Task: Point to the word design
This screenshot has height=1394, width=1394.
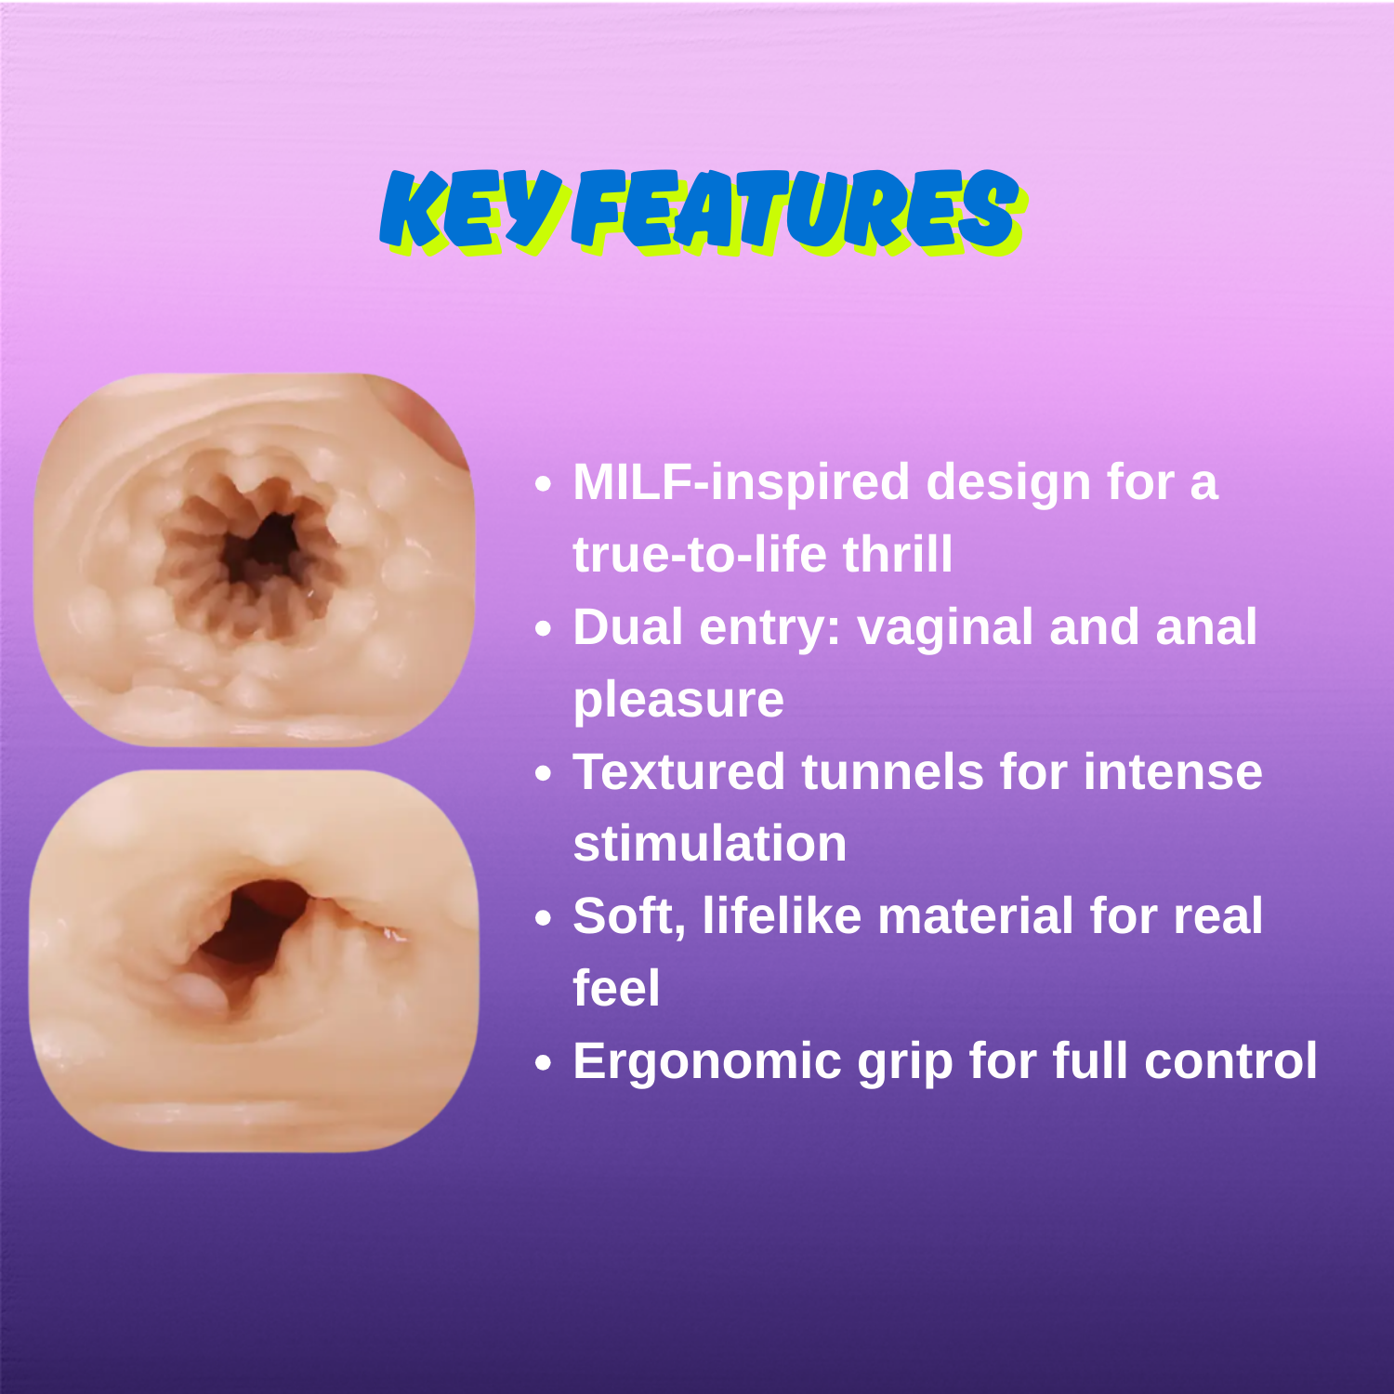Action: coord(1008,483)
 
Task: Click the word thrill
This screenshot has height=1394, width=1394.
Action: coord(898,554)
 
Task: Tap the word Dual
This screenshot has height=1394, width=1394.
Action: coord(628,627)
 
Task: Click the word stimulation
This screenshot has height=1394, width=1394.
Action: coord(710,844)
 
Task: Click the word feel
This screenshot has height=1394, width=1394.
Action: coord(616,988)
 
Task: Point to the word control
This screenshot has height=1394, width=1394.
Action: coord(1230,1061)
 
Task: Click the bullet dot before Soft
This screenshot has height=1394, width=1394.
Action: coord(544,919)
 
